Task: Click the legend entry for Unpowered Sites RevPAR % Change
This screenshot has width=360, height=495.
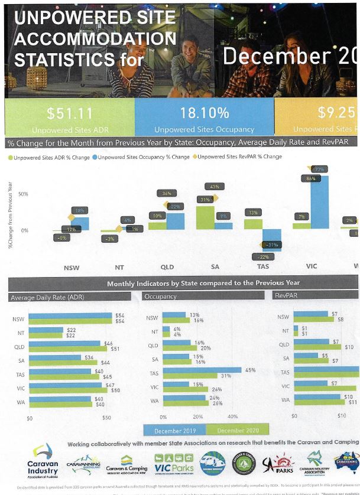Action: [x=239, y=157]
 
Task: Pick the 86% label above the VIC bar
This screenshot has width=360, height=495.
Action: [x=312, y=178]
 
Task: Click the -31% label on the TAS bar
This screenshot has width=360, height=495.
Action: [x=273, y=245]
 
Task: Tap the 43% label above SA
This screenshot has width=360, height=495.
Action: [x=214, y=187]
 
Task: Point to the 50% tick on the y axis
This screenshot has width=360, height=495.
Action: [x=22, y=194]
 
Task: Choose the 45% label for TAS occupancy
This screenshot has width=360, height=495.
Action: [x=249, y=370]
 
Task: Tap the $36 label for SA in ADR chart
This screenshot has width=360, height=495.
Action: [x=89, y=357]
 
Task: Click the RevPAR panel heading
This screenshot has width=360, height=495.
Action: [x=287, y=295]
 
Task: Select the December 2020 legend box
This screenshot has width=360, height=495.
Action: [x=239, y=430]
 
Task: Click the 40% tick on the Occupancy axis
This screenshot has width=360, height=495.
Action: [x=233, y=417]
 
